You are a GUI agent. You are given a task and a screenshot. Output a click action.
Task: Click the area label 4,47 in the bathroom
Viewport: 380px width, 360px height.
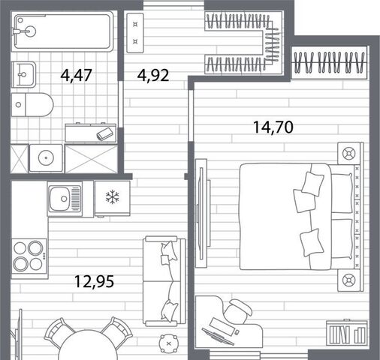coord(77,75)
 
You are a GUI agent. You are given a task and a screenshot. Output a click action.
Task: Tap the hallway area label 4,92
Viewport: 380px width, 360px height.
coord(153,75)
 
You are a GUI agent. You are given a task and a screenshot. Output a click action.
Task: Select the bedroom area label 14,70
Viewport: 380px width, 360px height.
coord(273,127)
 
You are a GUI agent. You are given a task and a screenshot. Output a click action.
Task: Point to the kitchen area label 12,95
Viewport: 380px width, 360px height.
coord(94,281)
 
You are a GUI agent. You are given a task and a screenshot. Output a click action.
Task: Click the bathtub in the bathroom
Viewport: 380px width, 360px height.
coord(62,31)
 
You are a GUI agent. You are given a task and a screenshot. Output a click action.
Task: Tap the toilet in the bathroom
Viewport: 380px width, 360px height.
coord(32,105)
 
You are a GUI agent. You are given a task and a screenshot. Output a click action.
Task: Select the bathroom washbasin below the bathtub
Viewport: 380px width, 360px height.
coord(24,74)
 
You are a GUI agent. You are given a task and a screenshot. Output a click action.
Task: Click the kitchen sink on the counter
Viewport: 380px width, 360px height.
coord(65,199)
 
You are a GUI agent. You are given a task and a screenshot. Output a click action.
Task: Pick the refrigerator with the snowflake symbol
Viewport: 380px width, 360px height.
coord(113,198)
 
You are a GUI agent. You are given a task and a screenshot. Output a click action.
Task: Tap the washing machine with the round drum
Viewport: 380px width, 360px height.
coord(46,158)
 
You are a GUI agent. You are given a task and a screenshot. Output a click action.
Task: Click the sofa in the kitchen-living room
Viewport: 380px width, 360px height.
coord(164,281)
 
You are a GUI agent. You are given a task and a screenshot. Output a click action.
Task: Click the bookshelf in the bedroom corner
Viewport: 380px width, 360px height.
coord(347,333)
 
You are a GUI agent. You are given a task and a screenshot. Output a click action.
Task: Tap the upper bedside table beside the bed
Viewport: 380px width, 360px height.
coord(349,153)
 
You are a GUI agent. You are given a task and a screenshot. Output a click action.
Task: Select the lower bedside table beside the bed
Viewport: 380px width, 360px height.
coord(349,280)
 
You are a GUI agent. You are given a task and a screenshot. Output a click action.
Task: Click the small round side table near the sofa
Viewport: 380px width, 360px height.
coord(169,343)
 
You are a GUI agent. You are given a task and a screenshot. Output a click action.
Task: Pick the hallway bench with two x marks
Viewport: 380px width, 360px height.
coord(135,33)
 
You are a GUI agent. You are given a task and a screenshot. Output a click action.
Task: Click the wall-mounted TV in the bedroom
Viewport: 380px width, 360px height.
coord(201,213)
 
